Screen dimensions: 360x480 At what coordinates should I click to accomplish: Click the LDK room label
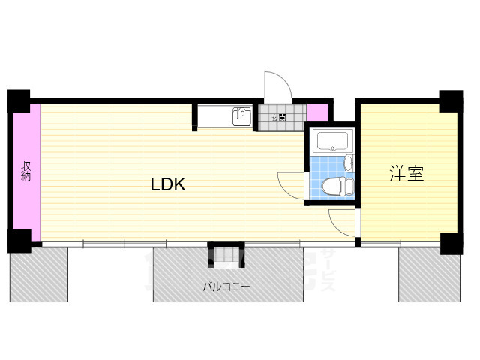pyautogui.click(x=168, y=184)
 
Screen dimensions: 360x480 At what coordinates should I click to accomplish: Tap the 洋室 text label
pyautogui.click(x=406, y=174)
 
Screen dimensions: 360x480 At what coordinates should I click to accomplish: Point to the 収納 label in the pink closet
pyautogui.click(x=26, y=171)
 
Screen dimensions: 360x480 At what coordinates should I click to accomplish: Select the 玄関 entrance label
pyautogui.click(x=278, y=118)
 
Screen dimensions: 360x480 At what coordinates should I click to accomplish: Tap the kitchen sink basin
pyautogui.click(x=241, y=117)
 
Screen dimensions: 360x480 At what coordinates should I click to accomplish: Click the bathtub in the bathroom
pyautogui.click(x=330, y=141)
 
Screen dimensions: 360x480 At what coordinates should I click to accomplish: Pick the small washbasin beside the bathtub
pyautogui.click(x=348, y=163)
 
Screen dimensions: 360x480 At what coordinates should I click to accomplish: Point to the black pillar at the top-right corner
pyautogui.click(x=451, y=101)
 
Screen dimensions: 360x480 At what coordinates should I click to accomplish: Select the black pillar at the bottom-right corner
pyautogui.click(x=451, y=244)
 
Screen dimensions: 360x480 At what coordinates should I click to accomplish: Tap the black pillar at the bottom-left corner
pyautogui.click(x=19, y=241)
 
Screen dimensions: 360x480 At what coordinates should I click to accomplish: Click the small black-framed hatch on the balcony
pyautogui.click(x=226, y=255)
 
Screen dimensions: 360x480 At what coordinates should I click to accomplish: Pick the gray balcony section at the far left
pyautogui.click(x=38, y=274)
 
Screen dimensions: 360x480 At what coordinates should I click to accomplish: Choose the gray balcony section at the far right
pyautogui.click(x=428, y=274)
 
